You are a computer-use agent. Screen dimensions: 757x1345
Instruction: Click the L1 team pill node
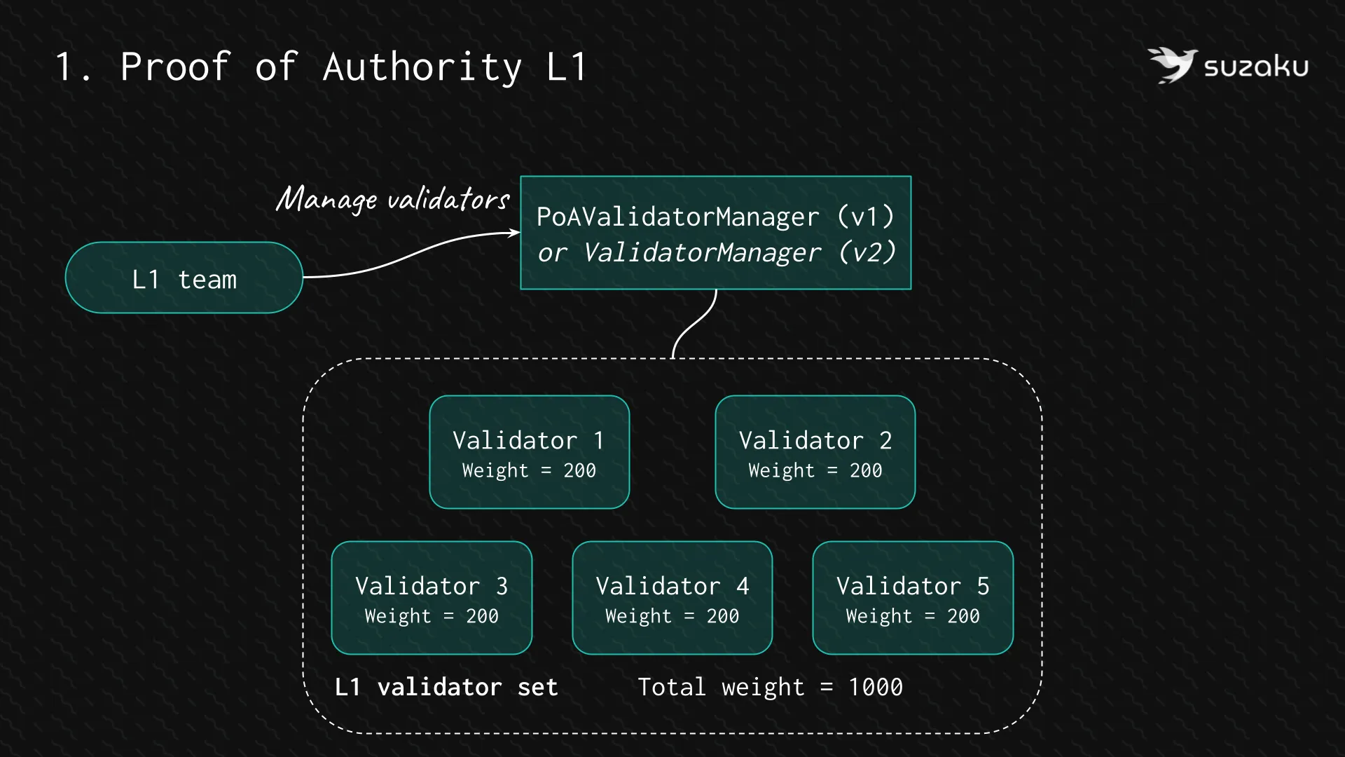184,278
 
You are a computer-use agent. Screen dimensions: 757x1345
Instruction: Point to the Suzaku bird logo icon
1172,65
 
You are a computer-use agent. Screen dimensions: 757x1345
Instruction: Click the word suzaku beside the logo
1256,67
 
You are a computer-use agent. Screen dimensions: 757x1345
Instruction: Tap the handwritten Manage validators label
392,200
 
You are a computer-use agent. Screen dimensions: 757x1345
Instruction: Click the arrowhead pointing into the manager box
515,233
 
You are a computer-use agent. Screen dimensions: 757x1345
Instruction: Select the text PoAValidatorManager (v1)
715,217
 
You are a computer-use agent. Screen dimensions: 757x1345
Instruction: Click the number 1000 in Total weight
875,687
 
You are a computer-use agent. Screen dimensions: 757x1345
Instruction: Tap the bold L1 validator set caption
446,687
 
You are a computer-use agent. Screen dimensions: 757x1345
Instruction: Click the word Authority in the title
422,67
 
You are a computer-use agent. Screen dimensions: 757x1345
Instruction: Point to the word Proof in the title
175,67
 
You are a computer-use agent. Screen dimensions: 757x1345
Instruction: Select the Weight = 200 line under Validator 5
912,616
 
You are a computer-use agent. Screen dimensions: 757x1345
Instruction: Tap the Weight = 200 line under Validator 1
529,470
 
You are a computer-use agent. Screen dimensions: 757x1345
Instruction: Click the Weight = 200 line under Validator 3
431,616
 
